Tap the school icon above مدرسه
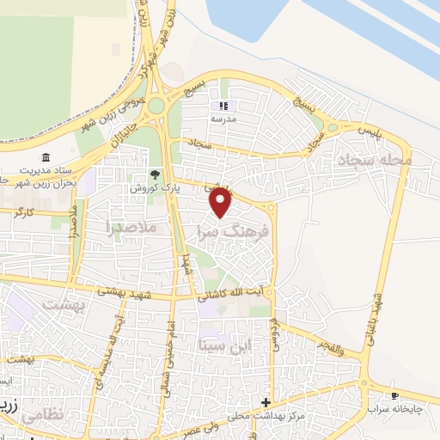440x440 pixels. pyautogui.click(x=229, y=106)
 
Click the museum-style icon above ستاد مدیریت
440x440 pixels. pyautogui.click(x=46, y=156)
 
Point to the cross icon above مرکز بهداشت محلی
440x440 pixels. pyautogui.click(x=266, y=402)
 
